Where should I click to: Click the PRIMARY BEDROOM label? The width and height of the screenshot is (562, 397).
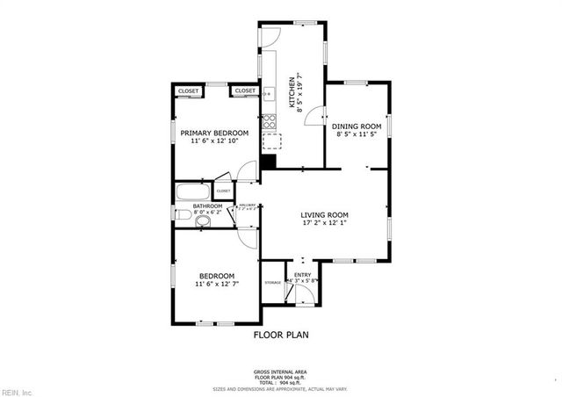click(x=214, y=133)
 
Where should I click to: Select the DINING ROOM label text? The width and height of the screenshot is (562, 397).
click(x=356, y=126)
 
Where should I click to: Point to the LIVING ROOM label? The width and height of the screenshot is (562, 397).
click(x=325, y=215)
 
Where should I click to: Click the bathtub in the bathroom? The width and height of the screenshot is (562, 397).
click(x=191, y=191)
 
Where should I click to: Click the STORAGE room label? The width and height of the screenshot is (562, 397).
click(x=272, y=282)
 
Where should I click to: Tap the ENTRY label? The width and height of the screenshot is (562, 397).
click(x=302, y=275)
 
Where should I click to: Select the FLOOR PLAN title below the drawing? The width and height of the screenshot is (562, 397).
click(x=281, y=335)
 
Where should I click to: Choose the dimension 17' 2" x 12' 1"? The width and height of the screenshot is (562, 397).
click(x=325, y=224)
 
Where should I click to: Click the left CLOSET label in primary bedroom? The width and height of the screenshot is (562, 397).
click(x=188, y=91)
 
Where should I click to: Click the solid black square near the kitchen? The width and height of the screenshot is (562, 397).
click(x=269, y=161)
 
